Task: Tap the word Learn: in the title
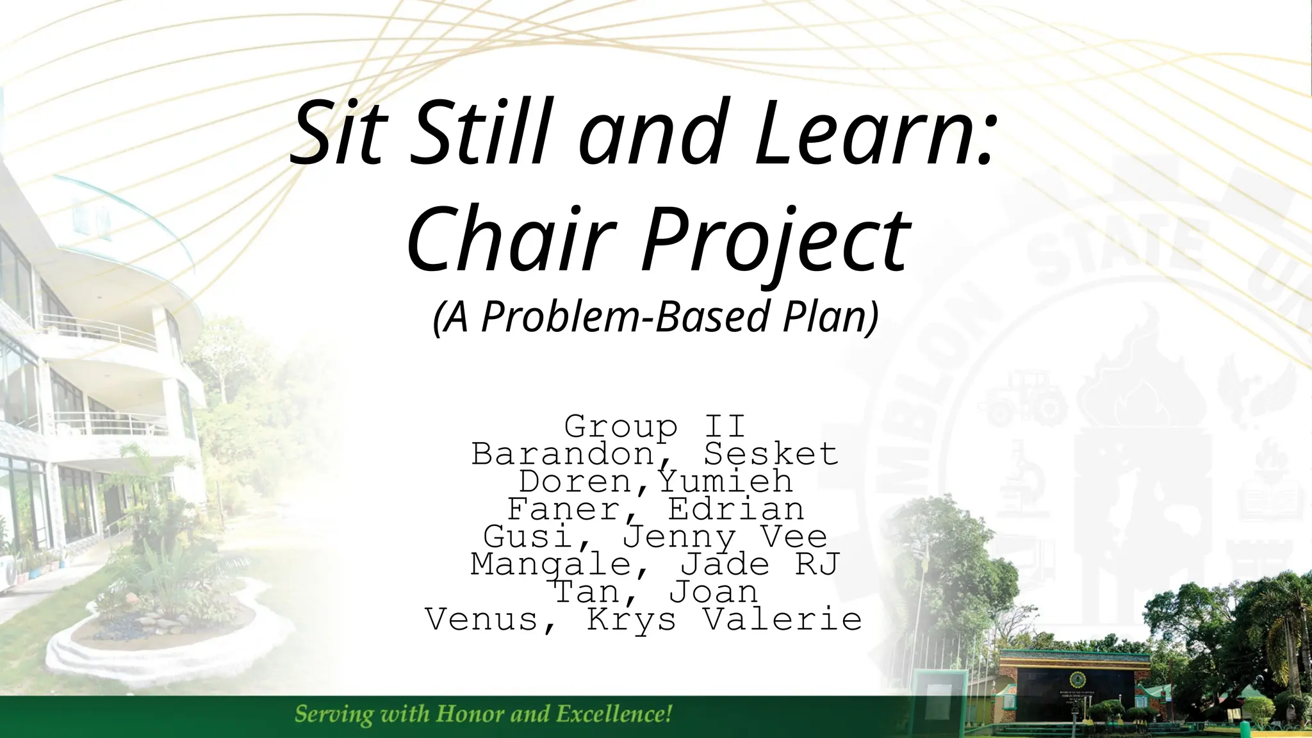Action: click(x=874, y=133)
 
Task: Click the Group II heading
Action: click(x=655, y=426)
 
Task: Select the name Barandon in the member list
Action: click(x=562, y=454)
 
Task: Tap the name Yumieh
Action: click(x=726, y=481)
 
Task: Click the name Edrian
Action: click(x=735, y=509)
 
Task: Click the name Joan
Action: click(x=714, y=592)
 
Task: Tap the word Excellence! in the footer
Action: click(x=614, y=713)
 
